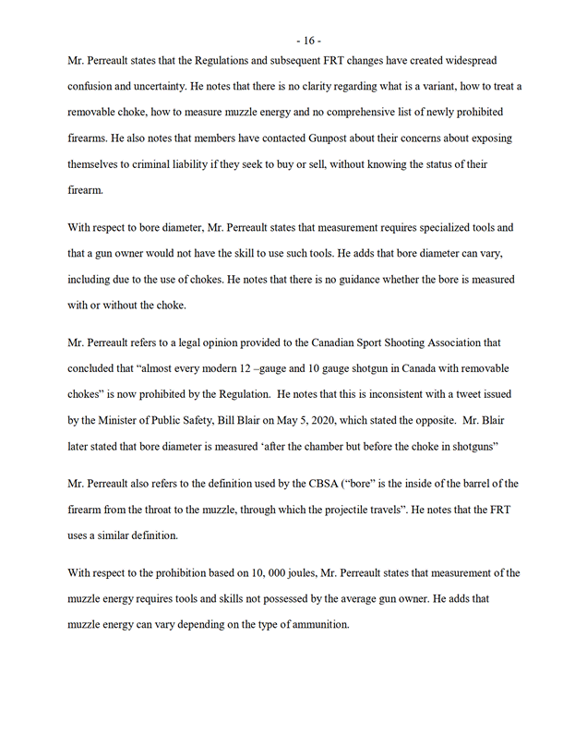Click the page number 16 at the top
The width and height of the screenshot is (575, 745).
click(307, 40)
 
